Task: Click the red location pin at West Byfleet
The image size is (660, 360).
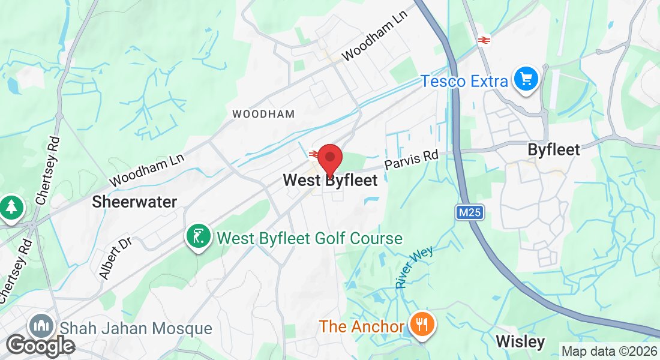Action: [x=329, y=159]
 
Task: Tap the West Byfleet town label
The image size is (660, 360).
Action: [x=330, y=180]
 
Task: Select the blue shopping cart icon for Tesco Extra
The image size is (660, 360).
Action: [x=526, y=79]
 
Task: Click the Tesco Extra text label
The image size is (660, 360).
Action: [x=464, y=80]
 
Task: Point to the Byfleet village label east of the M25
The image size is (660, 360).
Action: [x=554, y=149]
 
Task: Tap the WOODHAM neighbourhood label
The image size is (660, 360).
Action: [x=263, y=113]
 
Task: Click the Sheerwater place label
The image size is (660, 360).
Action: [x=134, y=202]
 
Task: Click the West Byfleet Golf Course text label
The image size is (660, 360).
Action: [x=310, y=238]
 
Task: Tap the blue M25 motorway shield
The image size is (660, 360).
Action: [x=469, y=212]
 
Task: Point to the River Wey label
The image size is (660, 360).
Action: [x=415, y=268]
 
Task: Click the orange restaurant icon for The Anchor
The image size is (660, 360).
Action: [x=423, y=325]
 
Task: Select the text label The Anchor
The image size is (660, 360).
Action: [x=362, y=326]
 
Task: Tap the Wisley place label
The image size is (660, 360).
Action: [x=520, y=342]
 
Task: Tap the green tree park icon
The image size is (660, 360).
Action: [x=11, y=208]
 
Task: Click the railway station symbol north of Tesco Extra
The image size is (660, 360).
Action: [x=484, y=40]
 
